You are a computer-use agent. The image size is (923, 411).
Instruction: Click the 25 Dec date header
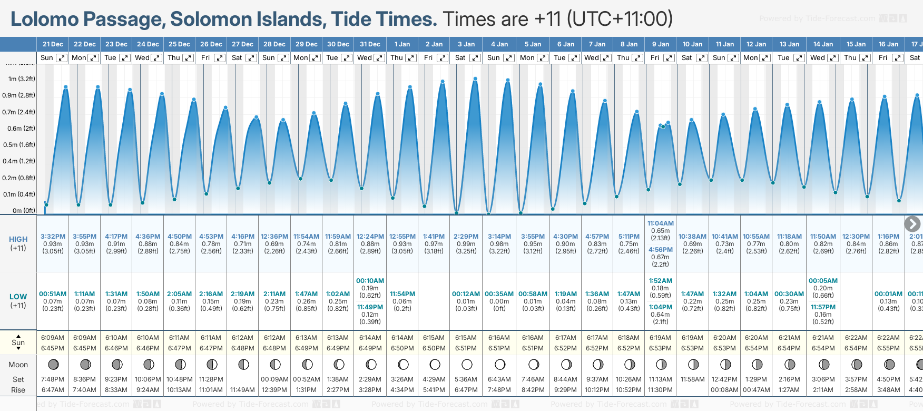(x=179, y=44)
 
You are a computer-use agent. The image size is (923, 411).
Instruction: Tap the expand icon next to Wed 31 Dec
(x=379, y=58)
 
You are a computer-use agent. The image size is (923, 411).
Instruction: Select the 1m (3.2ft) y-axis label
(x=22, y=79)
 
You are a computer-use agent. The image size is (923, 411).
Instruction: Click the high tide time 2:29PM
(x=466, y=237)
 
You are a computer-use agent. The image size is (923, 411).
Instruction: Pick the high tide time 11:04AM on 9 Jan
(x=661, y=223)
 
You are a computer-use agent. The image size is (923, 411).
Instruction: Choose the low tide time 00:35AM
(x=499, y=294)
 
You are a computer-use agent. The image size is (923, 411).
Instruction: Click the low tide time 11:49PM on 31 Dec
(x=370, y=307)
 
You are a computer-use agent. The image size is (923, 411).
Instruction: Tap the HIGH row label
(x=18, y=239)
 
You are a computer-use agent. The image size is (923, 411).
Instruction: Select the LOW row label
(x=18, y=297)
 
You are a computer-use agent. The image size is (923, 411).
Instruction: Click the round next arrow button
(x=912, y=224)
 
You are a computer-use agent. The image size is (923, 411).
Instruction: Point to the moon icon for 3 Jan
(x=467, y=364)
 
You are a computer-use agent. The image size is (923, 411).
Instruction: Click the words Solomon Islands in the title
(x=249, y=19)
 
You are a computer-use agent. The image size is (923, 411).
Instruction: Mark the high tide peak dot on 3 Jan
(x=475, y=79)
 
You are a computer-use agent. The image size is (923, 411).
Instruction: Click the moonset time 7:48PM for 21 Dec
(x=53, y=379)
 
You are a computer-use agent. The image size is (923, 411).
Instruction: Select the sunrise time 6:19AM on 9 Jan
(x=660, y=338)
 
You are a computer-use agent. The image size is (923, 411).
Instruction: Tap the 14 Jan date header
(x=823, y=44)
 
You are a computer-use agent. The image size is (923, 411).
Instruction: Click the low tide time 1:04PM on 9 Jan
(x=661, y=307)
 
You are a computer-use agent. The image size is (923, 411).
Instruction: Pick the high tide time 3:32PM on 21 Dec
(x=53, y=237)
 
